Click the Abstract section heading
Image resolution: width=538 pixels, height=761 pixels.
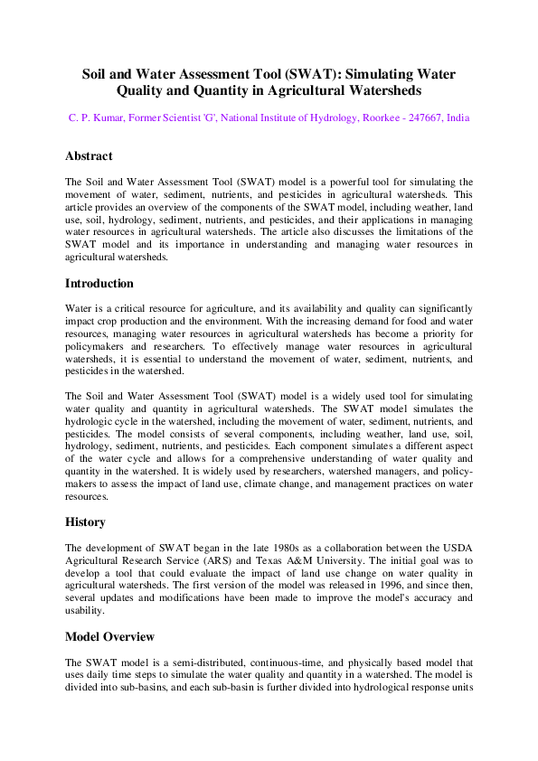pyautogui.click(x=89, y=156)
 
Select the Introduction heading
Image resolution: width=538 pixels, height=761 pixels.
pyautogui.click(x=99, y=283)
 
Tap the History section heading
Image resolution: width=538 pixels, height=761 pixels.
pyautogui.click(x=85, y=521)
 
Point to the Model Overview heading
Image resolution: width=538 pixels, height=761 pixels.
pyautogui.click(x=109, y=636)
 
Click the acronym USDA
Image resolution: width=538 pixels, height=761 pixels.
pyautogui.click(x=455, y=549)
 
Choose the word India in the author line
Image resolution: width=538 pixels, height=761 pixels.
pyautogui.click(x=458, y=118)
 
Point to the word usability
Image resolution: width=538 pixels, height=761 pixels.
pyautogui.click(x=87, y=610)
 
